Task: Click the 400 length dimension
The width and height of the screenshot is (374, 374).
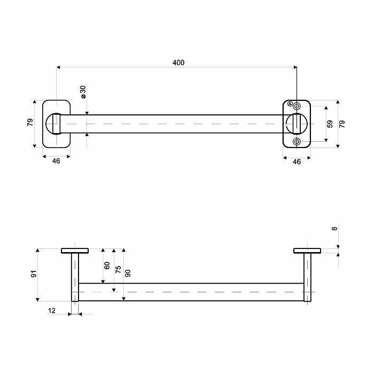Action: coord(178,63)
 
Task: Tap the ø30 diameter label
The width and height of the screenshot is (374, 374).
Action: coord(83,92)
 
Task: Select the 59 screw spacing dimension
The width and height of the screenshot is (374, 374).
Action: coord(330,124)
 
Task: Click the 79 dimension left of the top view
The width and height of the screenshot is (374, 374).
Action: coord(30,122)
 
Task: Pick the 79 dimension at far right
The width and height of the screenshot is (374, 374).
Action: coord(342,124)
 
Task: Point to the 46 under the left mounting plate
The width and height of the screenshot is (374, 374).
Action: coord(56,161)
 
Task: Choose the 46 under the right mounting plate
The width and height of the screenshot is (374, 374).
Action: coord(297,162)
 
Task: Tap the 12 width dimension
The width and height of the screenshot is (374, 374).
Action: coord(52,310)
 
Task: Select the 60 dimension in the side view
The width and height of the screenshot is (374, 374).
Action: coord(107,266)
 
